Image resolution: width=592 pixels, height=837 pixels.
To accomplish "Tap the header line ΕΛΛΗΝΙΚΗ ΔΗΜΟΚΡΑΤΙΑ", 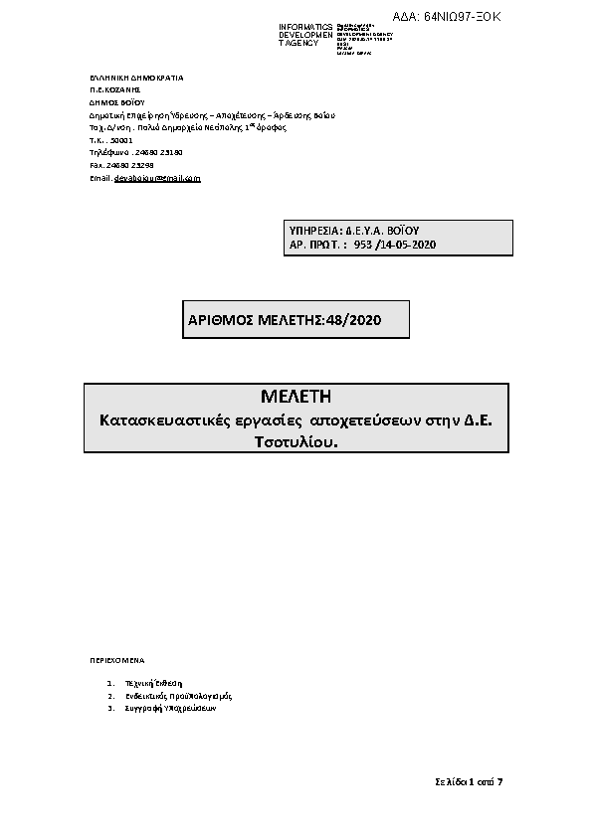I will coord(136,77).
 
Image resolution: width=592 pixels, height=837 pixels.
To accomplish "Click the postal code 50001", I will coord(120,141).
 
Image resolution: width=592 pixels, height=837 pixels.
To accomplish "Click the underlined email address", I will coord(157,179).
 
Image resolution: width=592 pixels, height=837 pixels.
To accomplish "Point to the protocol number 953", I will coord(361,244).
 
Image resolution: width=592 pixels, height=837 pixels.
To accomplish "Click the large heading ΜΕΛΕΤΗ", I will coord(296,401).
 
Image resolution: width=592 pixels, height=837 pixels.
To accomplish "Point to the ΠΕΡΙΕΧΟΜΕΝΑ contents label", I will coord(116,659).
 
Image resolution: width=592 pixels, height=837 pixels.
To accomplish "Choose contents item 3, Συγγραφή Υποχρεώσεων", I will coord(168,710).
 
